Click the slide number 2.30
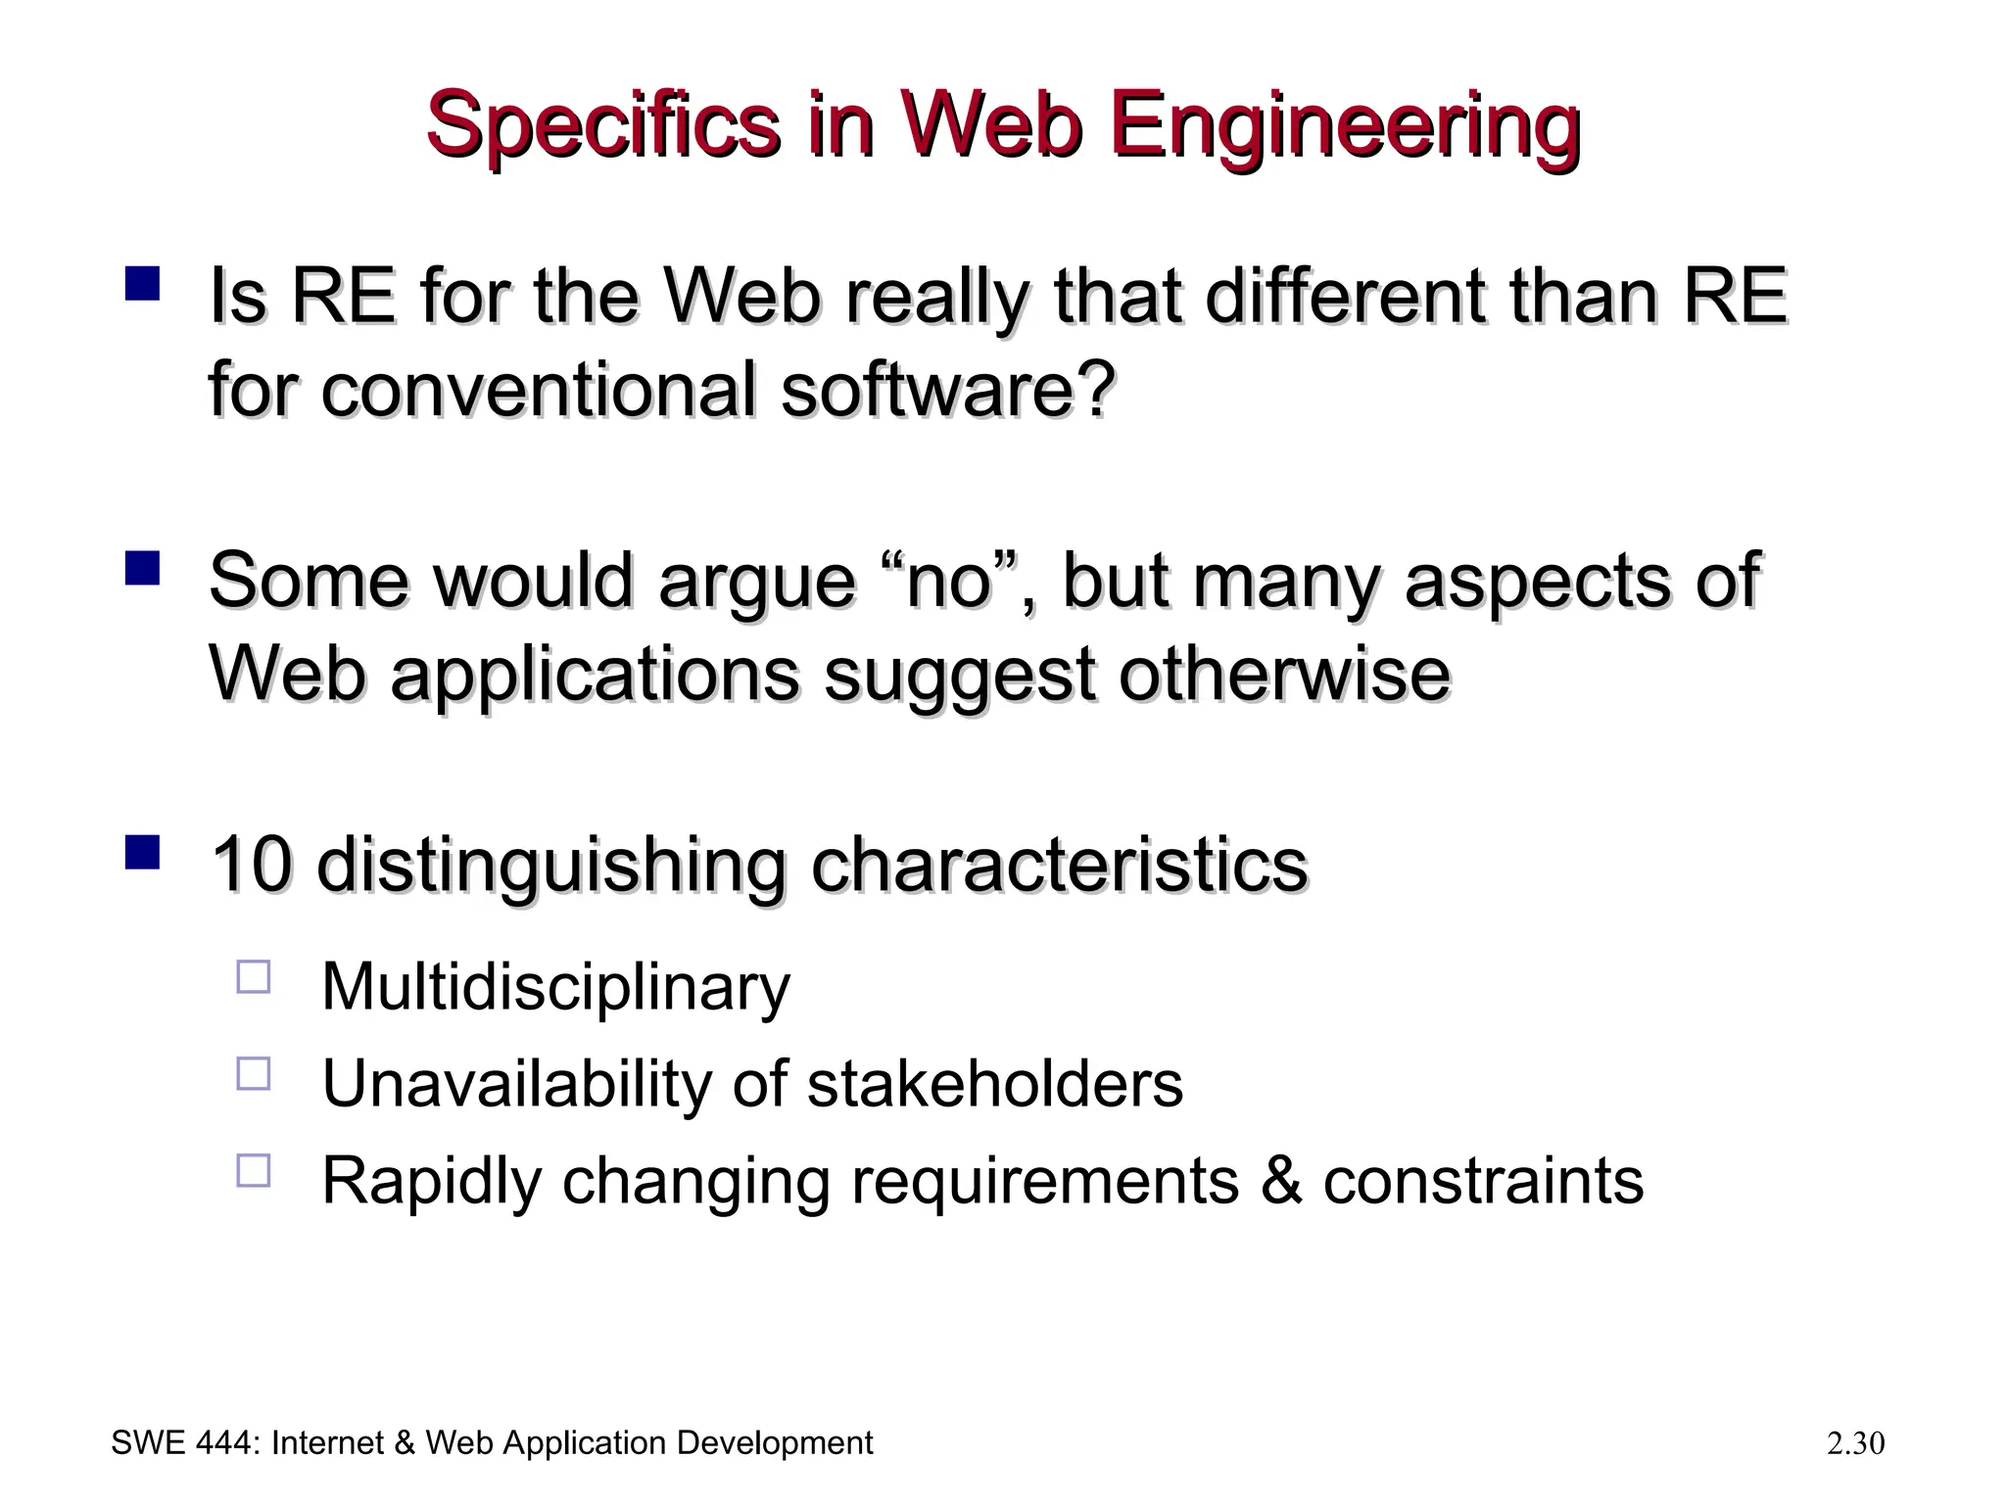coord(1855,1443)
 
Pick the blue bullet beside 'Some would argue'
coord(143,568)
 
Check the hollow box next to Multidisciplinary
coord(254,977)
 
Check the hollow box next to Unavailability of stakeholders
coord(254,1073)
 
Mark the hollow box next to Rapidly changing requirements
coord(254,1170)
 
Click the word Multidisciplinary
coord(555,987)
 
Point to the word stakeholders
coord(994,1084)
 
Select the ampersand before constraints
coord(1281,1181)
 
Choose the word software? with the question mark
coord(948,390)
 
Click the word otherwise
coord(1284,675)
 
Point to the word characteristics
coord(1059,865)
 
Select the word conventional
coord(539,390)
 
